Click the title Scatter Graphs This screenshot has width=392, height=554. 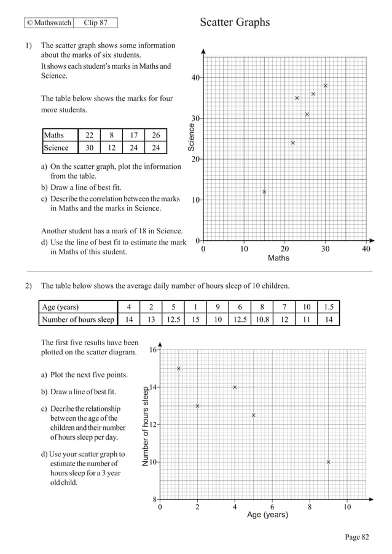click(235, 23)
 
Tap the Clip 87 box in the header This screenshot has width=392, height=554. click(95, 23)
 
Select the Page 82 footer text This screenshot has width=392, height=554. click(357, 537)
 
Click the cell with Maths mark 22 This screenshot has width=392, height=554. click(89, 135)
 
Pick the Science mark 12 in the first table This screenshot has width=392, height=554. click(111, 147)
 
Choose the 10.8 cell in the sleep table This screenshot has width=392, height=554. click(262, 319)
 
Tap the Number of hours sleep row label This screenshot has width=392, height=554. click(77, 319)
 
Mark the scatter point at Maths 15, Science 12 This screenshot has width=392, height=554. click(264, 192)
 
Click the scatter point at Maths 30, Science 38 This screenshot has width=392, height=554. click(325, 85)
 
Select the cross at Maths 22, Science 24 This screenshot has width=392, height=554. click(292, 142)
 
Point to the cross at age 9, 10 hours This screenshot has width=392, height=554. click(328, 462)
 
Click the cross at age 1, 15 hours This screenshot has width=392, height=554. click(179, 369)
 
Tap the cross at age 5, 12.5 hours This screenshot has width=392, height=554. click(253, 415)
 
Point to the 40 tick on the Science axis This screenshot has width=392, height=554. click(195, 78)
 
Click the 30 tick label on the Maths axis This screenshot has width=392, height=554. click(325, 249)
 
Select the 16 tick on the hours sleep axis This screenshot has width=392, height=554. click(152, 350)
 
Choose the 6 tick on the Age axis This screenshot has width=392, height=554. click(272, 507)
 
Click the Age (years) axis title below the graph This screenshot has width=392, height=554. click(267, 515)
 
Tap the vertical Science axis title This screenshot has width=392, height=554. click(191, 138)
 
